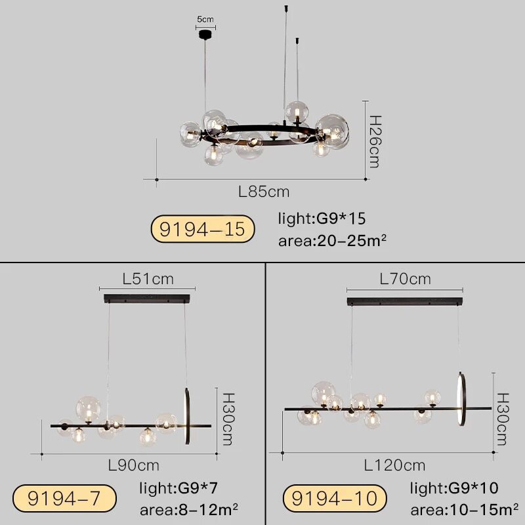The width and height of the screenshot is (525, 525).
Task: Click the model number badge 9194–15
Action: click(x=203, y=229)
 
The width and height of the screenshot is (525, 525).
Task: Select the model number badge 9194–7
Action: click(x=64, y=498)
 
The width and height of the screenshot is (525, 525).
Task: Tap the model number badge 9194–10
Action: click(x=335, y=498)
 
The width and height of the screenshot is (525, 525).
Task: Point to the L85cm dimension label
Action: click(x=264, y=192)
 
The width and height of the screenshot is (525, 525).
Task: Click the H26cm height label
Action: click(x=375, y=142)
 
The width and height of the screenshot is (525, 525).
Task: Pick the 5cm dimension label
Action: click(x=205, y=19)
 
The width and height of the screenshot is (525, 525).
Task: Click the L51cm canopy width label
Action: click(x=148, y=279)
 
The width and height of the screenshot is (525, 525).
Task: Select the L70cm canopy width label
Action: click(x=405, y=279)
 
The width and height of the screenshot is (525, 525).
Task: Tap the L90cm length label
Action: click(x=134, y=465)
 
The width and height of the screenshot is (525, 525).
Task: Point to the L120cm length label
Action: click(x=395, y=465)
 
